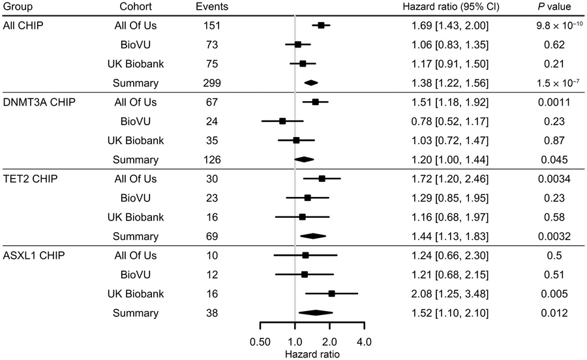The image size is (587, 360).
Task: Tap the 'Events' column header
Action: pyautogui.click(x=211, y=7)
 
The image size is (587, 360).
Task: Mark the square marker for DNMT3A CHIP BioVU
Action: pyautogui.click(x=282, y=121)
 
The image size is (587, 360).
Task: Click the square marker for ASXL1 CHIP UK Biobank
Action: pyautogui.click(x=331, y=293)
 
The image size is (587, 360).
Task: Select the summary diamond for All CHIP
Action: pyautogui.click(x=311, y=83)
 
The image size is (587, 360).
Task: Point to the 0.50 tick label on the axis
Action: pyautogui.click(x=260, y=341)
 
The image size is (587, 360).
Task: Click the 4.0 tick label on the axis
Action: pyautogui.click(x=364, y=341)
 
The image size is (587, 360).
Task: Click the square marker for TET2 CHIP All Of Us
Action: pyautogui.click(x=322, y=179)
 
